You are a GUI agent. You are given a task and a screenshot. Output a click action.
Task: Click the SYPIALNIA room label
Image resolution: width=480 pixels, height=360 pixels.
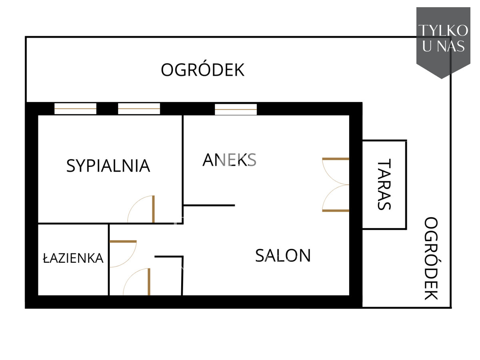[x=108, y=166]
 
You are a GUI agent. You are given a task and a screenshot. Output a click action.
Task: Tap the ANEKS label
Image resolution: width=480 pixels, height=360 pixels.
[x=229, y=160]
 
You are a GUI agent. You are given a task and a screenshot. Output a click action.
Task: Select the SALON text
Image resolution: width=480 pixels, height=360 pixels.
[x=283, y=255]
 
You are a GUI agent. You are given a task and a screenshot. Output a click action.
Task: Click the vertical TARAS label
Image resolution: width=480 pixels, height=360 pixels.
[x=384, y=184]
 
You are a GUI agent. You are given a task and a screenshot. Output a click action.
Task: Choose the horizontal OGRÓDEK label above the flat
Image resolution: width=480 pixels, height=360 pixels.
[x=202, y=70]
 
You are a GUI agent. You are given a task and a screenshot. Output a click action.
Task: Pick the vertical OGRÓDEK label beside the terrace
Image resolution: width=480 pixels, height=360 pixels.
[x=431, y=258]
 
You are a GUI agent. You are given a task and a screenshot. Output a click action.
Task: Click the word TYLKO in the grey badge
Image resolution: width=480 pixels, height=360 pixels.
[x=443, y=30]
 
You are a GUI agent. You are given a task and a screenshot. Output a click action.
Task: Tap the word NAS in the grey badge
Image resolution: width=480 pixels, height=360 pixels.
[x=451, y=46]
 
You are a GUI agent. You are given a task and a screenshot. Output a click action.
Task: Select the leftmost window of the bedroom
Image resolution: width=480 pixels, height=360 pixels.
[x=75, y=109]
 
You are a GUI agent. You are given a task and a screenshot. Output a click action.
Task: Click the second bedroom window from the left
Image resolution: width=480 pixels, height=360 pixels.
[x=139, y=109]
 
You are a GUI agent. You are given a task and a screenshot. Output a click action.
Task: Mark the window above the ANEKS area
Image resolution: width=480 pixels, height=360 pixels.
[x=236, y=109]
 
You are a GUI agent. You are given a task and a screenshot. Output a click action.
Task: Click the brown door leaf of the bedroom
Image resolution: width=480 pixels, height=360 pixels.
[x=153, y=209]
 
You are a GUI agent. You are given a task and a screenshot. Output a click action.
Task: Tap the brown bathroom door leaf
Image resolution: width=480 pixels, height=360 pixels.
[x=123, y=242]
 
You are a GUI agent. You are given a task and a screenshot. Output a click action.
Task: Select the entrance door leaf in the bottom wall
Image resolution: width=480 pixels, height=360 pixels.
[x=149, y=282]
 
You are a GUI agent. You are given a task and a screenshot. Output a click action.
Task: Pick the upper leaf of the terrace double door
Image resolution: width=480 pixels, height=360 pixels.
[x=336, y=159]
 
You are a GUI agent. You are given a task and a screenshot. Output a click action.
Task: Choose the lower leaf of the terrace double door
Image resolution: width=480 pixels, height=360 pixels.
[x=336, y=211]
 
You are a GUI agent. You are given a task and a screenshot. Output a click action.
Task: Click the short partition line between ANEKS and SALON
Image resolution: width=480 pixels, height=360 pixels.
[x=209, y=206]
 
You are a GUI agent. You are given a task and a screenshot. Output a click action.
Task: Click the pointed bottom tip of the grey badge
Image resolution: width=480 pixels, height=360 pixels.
[x=442, y=79]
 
